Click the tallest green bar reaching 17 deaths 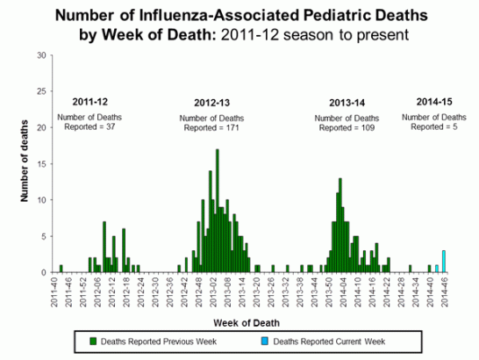217,211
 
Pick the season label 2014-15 431,102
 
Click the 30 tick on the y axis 42,55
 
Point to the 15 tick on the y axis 42,164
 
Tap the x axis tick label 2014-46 445,290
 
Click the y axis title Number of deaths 24,163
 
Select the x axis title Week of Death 251,321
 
